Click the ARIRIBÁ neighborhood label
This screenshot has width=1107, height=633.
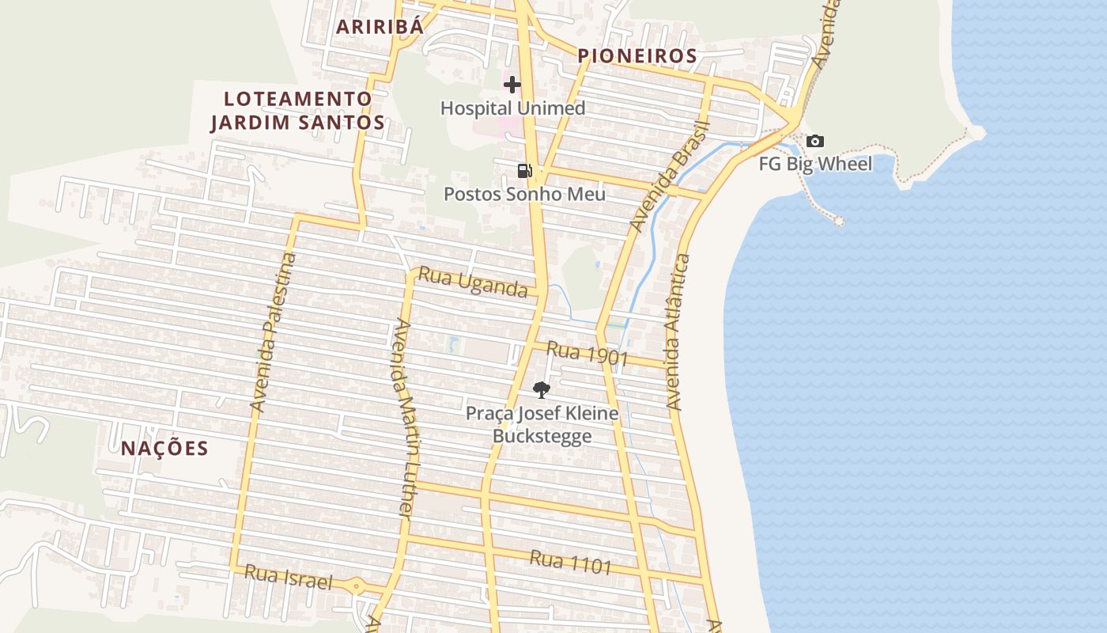380,26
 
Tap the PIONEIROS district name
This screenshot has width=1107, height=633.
637,55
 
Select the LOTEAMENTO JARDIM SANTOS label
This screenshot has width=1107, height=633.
297,111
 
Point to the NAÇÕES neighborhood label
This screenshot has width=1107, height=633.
164,448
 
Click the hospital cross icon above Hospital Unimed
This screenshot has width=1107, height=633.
512,84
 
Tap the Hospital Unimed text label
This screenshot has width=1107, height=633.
512,108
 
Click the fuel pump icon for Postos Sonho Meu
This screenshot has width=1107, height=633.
524,170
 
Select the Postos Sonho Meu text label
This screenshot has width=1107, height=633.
524,194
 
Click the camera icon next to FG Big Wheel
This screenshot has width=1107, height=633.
815,142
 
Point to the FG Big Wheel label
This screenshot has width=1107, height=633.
815,164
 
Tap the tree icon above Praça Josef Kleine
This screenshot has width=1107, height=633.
542,389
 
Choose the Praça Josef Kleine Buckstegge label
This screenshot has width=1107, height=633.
542,424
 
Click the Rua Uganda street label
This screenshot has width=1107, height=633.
472,282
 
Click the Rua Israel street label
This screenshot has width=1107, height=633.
288,578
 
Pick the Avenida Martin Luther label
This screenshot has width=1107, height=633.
403,419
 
